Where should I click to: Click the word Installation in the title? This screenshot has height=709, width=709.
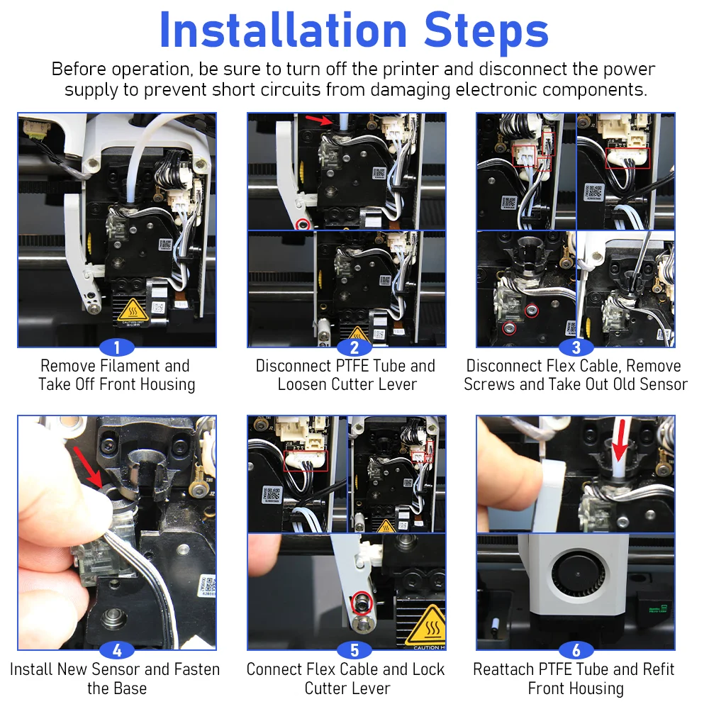point(284,30)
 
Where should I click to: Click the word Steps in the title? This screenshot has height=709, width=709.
point(486,32)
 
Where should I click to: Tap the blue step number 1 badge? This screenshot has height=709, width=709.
point(117,347)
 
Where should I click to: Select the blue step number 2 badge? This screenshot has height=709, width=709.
point(354,347)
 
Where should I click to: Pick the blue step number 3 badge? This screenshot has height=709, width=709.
point(576,347)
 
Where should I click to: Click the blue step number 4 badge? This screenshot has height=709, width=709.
point(117,650)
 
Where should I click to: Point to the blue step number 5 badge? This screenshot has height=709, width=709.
point(354,650)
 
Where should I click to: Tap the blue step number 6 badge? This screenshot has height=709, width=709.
point(576,650)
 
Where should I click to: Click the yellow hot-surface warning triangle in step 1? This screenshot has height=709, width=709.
point(133,309)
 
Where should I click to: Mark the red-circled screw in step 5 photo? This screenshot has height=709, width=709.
point(362,603)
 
